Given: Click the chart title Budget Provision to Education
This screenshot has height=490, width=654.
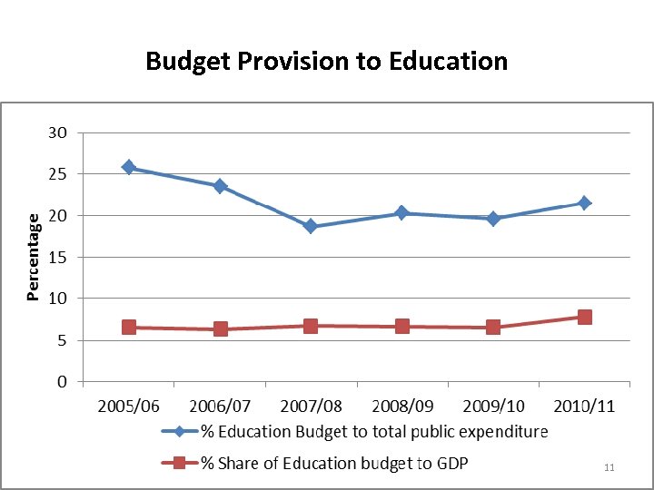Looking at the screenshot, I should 326,61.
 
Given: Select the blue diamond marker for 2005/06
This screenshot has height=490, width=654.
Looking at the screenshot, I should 129,168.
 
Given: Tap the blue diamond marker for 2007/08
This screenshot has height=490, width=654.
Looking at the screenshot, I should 311,226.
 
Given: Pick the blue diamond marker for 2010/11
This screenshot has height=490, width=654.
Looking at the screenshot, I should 584,202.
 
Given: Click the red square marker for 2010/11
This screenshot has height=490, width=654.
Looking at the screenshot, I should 584,317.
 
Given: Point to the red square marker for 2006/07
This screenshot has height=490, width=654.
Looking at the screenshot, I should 220,328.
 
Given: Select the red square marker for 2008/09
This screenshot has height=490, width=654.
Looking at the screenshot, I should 401,326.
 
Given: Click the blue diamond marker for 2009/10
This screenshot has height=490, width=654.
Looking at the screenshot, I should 493,218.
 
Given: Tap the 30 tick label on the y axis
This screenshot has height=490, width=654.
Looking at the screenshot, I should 57,132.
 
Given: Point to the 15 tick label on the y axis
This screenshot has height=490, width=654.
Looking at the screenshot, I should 57,258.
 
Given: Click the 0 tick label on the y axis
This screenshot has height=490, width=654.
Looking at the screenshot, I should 61,382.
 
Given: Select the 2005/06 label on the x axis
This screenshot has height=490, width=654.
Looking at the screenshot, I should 129,406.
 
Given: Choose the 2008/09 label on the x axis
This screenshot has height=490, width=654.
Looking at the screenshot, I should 401,406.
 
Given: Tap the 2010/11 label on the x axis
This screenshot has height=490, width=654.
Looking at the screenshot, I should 584,406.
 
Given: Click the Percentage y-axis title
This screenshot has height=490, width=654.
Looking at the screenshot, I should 33,257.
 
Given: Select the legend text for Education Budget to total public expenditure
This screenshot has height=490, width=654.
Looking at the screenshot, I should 374,431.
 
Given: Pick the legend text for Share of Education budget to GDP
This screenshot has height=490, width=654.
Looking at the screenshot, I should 334,463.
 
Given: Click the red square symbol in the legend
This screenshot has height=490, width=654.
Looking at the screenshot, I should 179,463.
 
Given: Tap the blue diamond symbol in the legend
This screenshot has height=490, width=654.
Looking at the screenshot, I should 179,431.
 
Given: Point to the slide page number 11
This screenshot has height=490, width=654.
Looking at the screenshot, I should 609,467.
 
